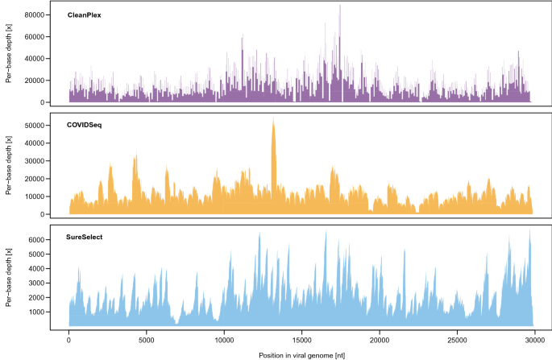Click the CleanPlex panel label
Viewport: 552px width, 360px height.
pyautogui.click(x=85, y=14)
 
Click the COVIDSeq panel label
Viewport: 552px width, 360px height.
pyautogui.click(x=85, y=126)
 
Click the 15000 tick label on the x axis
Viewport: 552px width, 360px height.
pyautogui.click(x=301, y=339)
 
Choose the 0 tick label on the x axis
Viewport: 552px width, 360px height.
pyautogui.click(x=69, y=339)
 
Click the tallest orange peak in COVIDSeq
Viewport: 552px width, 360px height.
pyautogui.click(x=273, y=121)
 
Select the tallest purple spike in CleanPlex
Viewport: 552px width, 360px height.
pyautogui.click(x=340, y=6)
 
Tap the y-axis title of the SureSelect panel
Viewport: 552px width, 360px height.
pyautogui.click(x=9, y=278)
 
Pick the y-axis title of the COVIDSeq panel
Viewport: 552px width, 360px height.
pyautogui.click(x=9, y=167)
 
